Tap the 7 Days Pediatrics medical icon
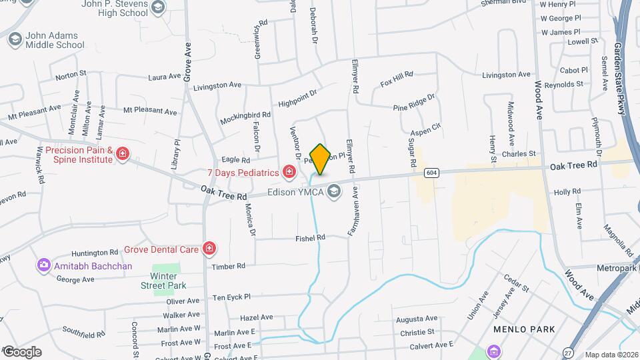[x=289, y=173]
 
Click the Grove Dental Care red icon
[x=210, y=249]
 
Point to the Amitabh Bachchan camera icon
[x=44, y=266]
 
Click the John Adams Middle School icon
[x=15, y=40]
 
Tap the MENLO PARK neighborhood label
[x=519, y=329]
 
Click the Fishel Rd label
[x=311, y=237]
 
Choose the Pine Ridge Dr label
[x=413, y=102]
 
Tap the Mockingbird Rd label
[x=245, y=118]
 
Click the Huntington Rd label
[x=95, y=253]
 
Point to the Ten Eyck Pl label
[x=231, y=297]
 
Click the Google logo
[x=21, y=352]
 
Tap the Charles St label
[x=519, y=154]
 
